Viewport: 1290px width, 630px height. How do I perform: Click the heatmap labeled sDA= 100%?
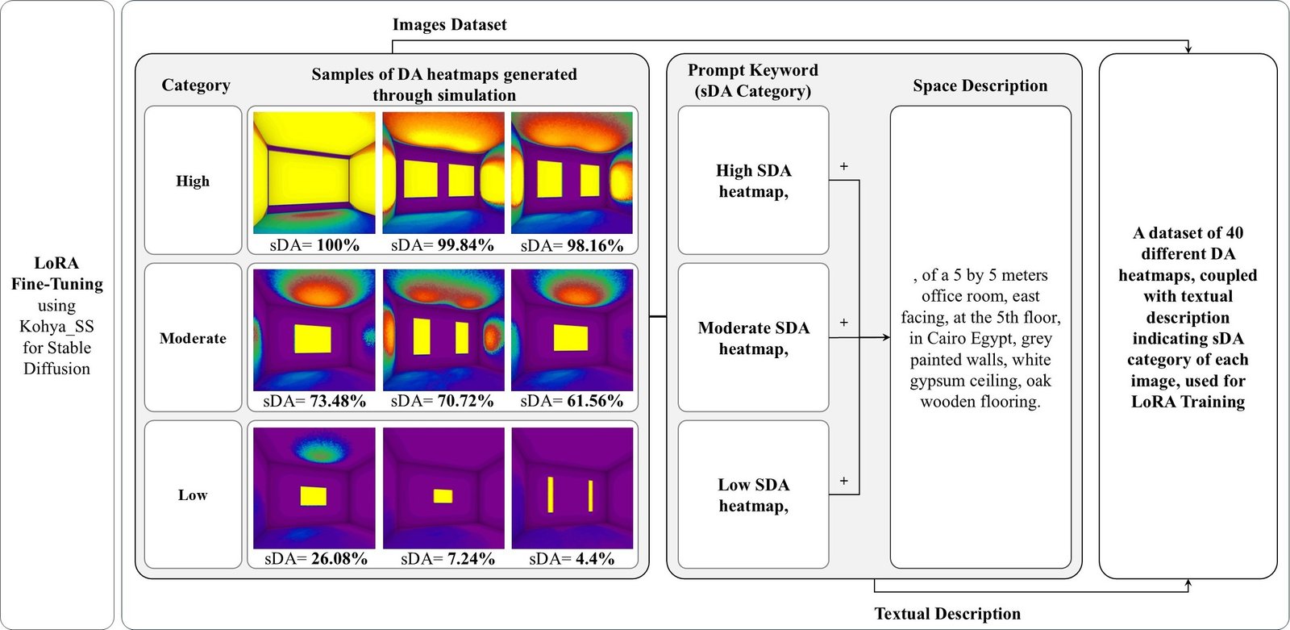[314, 173]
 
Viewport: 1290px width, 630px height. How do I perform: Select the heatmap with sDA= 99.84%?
[443, 173]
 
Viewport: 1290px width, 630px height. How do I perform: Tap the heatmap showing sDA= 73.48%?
[314, 330]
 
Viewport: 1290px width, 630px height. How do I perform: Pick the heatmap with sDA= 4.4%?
[572, 487]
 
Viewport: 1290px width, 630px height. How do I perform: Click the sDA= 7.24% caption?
[447, 558]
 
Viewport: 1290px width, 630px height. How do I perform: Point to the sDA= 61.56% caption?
[572, 401]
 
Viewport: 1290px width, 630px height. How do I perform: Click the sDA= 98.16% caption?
[572, 245]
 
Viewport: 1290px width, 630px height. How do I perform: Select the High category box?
[193, 181]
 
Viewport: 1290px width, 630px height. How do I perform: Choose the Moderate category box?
[193, 338]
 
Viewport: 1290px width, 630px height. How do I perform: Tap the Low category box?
[193, 494]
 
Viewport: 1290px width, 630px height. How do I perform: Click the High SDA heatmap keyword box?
[753, 181]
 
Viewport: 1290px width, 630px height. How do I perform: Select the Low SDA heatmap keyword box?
[753, 494]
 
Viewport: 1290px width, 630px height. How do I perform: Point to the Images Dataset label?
[449, 25]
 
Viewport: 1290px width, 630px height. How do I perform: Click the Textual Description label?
[947, 614]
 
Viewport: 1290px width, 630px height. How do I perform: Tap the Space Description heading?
[980, 86]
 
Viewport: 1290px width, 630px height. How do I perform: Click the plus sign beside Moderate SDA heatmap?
[843, 323]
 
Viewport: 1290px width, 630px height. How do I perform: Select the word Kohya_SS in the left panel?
[56, 327]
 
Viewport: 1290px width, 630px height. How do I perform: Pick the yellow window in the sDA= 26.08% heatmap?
[314, 495]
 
